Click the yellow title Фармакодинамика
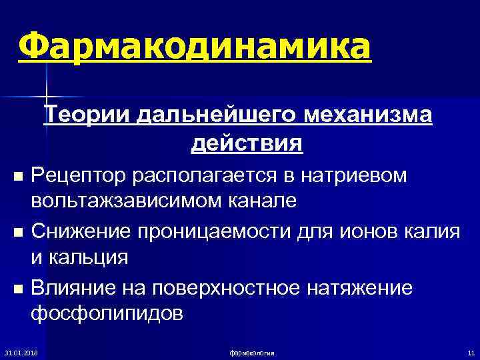pyautogui.click(x=194, y=47)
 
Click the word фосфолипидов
pyautogui.click(x=106, y=313)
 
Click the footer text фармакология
pyautogui.click(x=252, y=351)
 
